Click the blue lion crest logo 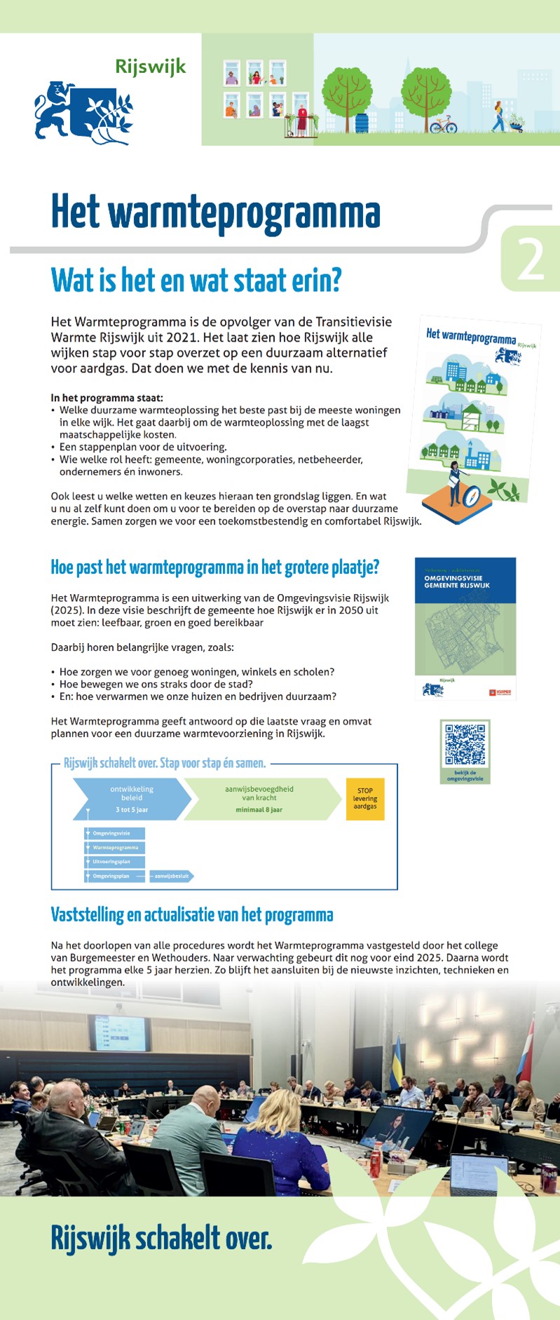tap(83, 112)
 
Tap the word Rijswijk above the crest tap(151, 67)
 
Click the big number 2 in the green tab tap(530, 260)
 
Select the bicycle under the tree tap(443, 126)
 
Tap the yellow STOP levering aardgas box tap(365, 798)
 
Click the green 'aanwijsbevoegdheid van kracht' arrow tap(259, 799)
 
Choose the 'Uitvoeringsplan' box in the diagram tap(114, 861)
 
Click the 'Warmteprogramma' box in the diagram tap(114, 847)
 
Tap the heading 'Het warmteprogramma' tap(215, 213)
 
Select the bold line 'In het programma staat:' tap(107, 398)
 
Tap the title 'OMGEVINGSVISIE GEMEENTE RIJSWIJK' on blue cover tap(457, 581)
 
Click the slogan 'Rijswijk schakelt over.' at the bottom tap(161, 1257)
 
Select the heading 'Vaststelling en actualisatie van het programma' tap(191, 915)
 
